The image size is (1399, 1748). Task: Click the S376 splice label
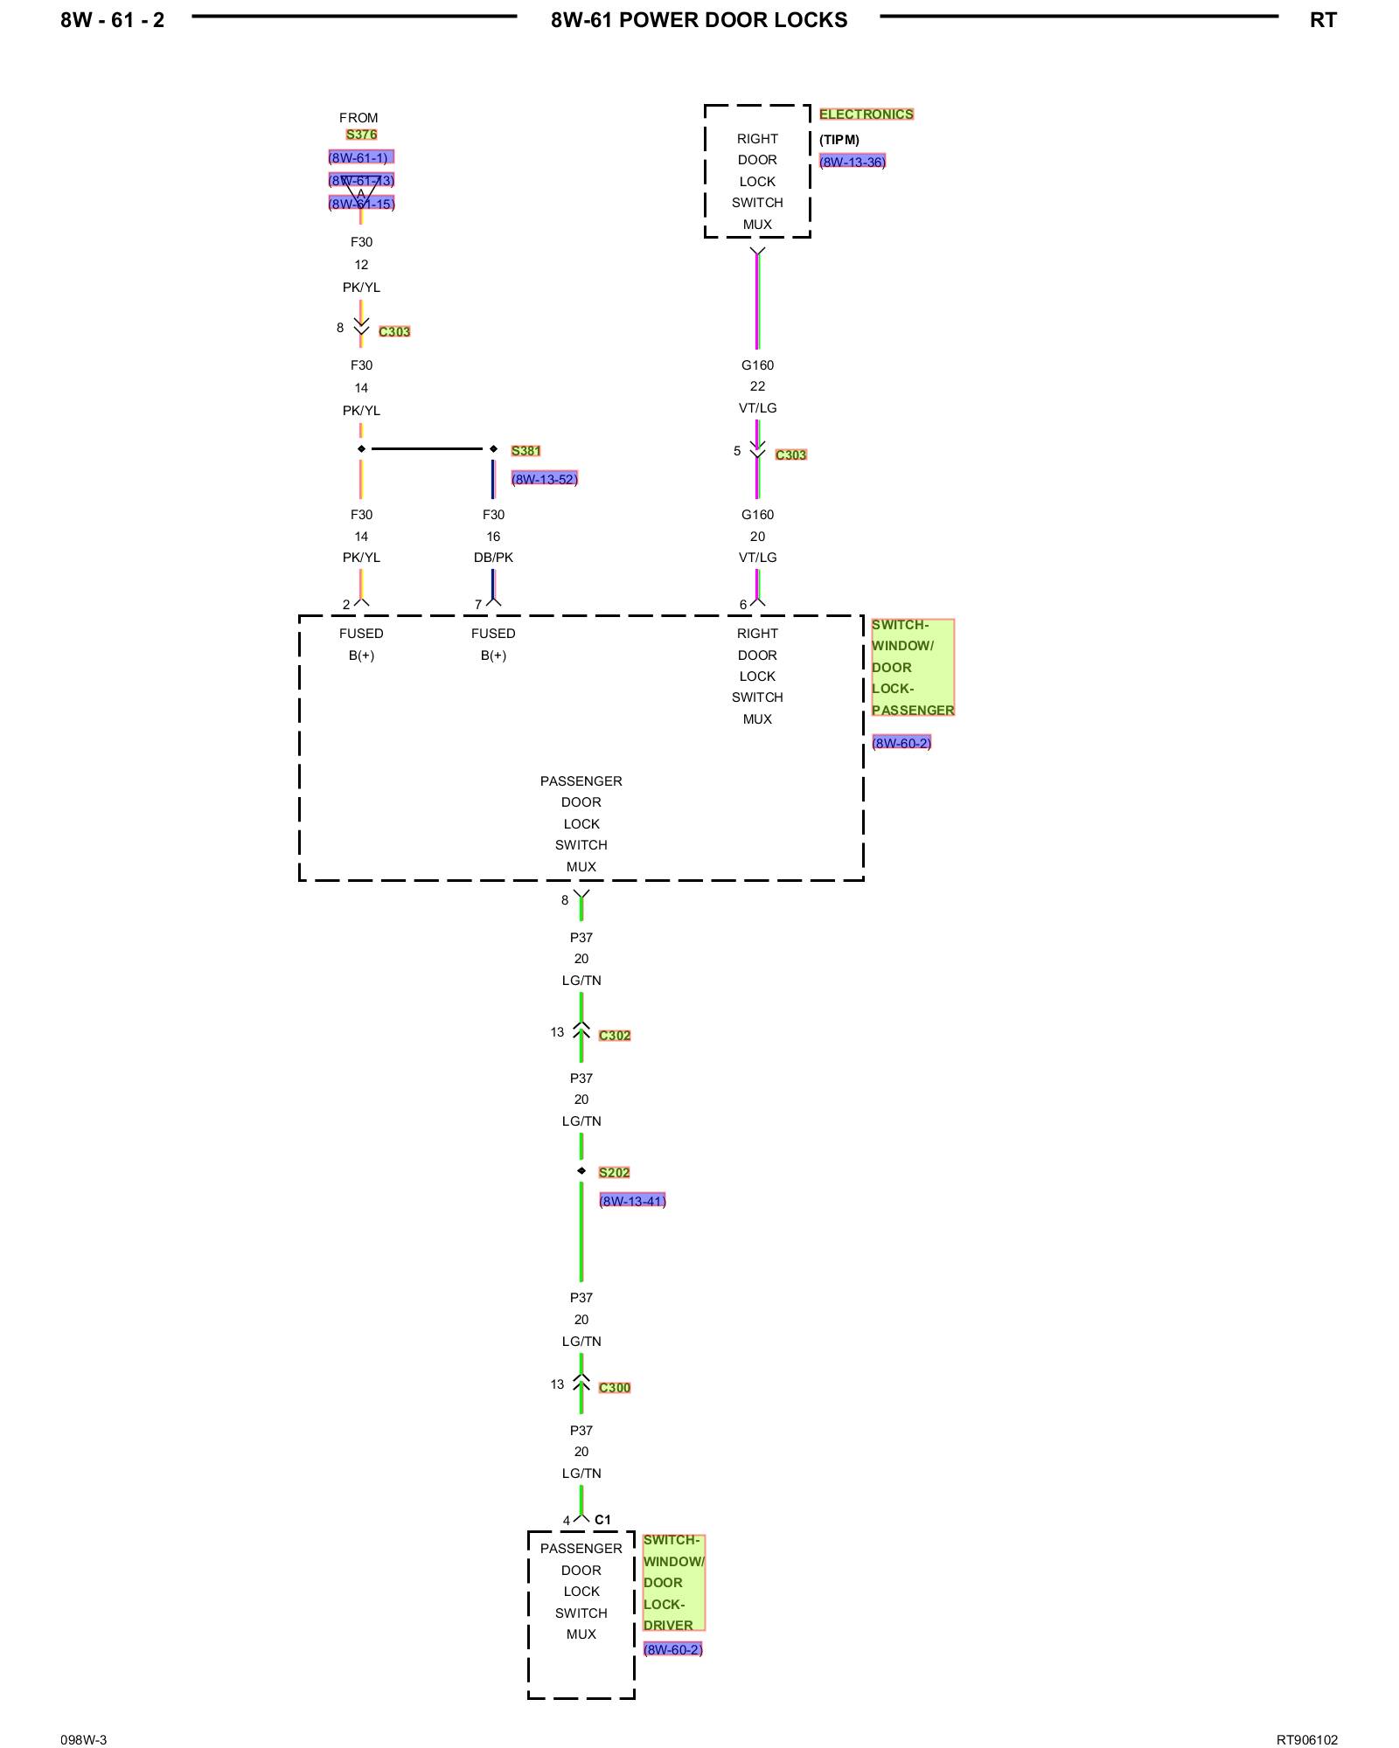361,135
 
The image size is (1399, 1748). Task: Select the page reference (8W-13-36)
852,162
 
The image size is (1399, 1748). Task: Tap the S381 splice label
525,451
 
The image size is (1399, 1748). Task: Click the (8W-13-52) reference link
544,479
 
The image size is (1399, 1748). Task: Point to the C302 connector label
615,1036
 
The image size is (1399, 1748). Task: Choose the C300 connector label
615,1388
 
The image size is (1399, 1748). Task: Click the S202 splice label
614,1173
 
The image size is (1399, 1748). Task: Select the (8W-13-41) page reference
632,1201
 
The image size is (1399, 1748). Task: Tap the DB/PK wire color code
493,558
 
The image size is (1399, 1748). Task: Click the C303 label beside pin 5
790,455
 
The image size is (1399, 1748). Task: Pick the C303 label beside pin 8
394,332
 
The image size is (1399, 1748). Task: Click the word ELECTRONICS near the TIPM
866,114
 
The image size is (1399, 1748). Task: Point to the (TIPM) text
839,140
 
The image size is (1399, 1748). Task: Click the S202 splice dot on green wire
581,1171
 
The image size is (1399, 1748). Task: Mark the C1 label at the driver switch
602,1520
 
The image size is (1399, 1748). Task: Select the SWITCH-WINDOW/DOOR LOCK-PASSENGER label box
912,668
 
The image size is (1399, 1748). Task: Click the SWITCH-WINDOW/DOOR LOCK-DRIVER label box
673,1583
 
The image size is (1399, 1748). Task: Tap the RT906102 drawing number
1306,1740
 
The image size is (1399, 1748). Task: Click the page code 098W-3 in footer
84,1740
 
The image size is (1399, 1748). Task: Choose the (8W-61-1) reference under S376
360,157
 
